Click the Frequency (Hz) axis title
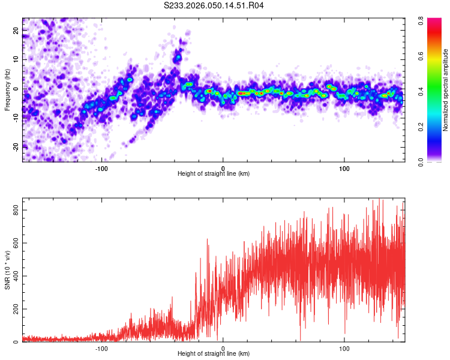click(7, 91)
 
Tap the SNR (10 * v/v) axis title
click(7, 270)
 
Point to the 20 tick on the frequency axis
click(16, 31)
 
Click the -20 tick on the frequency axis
click(15, 146)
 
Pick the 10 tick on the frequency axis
click(16, 59)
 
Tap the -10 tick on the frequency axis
click(15, 118)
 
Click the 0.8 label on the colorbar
click(422, 20)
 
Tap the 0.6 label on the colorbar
click(422, 56)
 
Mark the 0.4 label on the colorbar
click(422, 91)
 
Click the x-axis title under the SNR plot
click(214, 354)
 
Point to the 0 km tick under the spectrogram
click(223, 167)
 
